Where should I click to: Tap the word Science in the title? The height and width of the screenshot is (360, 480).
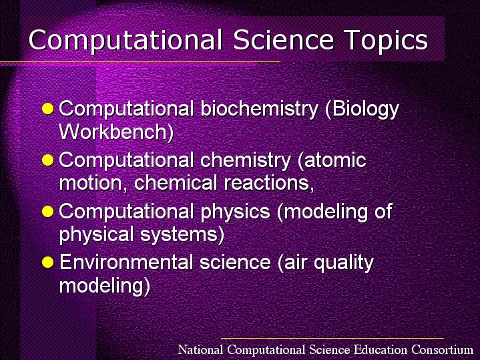point(283,39)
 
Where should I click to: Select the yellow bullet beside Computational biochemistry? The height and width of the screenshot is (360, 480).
point(48,108)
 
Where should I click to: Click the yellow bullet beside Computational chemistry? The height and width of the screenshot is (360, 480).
point(48,160)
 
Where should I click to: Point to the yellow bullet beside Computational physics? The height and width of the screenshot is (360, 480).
point(48,212)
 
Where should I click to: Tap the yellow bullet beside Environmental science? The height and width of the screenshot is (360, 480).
point(48,262)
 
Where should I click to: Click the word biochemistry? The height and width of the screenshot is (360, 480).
point(260,110)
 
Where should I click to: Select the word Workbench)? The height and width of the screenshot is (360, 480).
point(116,132)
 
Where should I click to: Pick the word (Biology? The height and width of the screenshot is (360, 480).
point(363,110)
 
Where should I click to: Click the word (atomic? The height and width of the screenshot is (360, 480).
point(332,160)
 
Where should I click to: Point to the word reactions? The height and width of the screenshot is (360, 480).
point(269,183)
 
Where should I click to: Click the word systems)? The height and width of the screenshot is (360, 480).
point(182,234)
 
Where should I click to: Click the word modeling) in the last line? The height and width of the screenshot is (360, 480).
point(105,286)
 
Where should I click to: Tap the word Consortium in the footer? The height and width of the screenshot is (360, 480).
point(443,349)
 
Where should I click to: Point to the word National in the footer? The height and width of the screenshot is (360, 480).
point(200,349)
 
